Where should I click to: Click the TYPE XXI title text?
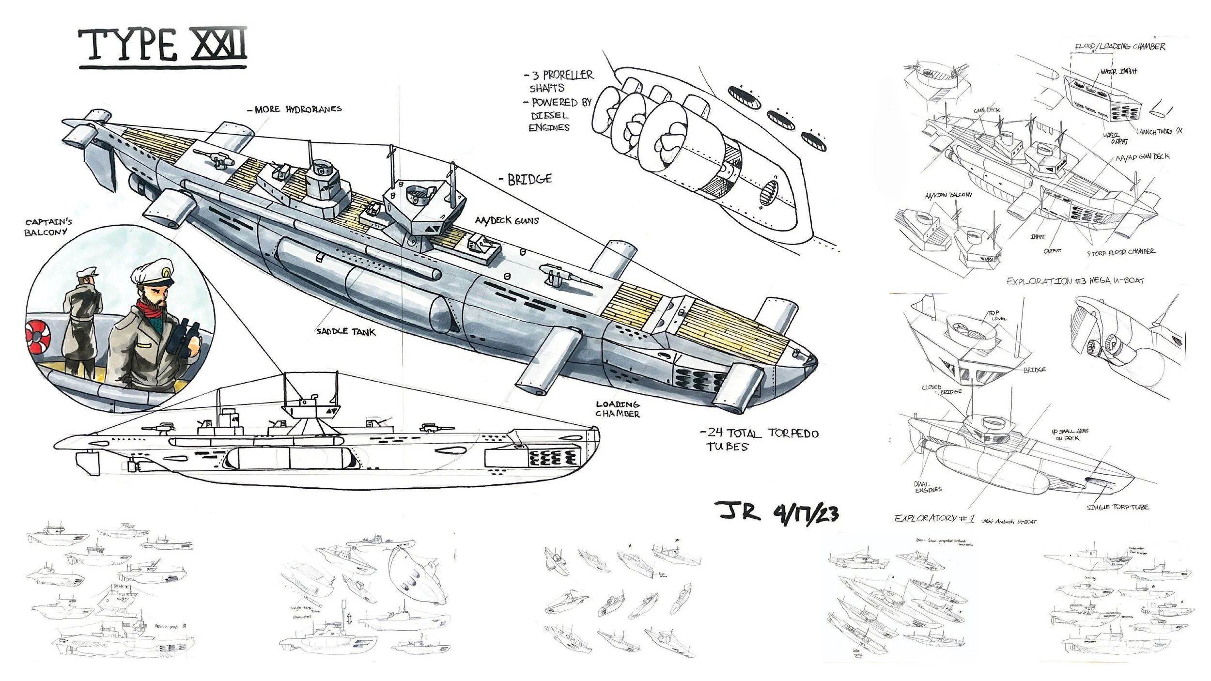click(x=163, y=46)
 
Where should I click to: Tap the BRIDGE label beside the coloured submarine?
click(x=529, y=180)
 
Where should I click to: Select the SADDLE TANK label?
click(x=346, y=332)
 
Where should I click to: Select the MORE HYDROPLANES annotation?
click(x=297, y=109)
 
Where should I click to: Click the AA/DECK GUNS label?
click(x=507, y=220)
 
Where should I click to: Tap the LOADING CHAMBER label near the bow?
click(x=618, y=409)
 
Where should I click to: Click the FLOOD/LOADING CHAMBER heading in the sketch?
click(x=1119, y=46)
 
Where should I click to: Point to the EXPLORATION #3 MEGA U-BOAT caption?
click(x=1075, y=281)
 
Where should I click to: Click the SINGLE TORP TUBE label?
click(x=1118, y=507)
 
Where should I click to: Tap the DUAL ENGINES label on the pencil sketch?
click(x=927, y=487)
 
